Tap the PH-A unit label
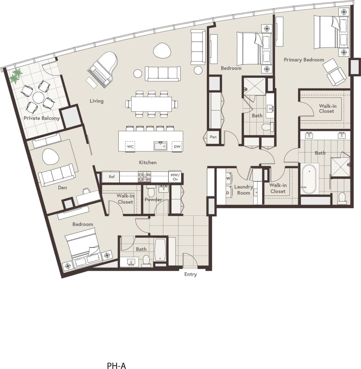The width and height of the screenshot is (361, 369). click(x=117, y=365)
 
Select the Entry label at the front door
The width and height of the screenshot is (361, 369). click(x=190, y=274)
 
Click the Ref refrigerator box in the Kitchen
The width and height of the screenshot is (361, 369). click(x=111, y=176)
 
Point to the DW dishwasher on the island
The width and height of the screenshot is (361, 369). click(x=177, y=146)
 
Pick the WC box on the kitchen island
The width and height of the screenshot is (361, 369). click(x=130, y=146)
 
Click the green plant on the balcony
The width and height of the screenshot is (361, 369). click(x=16, y=76)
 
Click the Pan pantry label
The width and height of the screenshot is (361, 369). click(x=213, y=137)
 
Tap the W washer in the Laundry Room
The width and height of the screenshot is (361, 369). click(x=229, y=178)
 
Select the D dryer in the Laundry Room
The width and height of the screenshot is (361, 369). click(x=229, y=192)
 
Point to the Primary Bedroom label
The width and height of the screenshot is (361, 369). click(x=304, y=60)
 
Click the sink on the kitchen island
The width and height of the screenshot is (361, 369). click(x=160, y=145)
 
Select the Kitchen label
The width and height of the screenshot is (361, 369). click(x=148, y=163)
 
